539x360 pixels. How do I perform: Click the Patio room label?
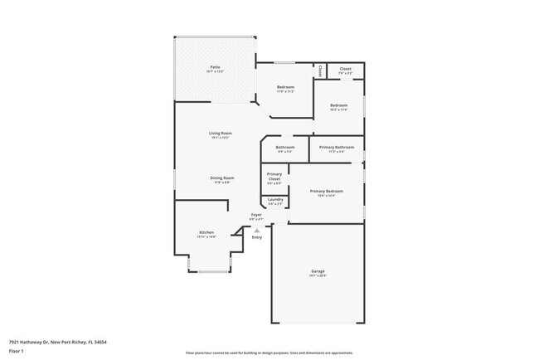[x=214, y=67]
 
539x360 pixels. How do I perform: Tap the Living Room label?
[x=220, y=133]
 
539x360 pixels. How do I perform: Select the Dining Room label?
[x=221, y=178]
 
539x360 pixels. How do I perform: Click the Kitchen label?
[x=206, y=231]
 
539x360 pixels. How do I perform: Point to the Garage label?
[x=318, y=270]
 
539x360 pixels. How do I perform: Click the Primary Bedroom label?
[x=326, y=191]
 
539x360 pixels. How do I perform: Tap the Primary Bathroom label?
[x=336, y=147]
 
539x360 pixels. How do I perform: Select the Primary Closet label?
[x=274, y=176]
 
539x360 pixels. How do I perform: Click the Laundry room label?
[x=275, y=199]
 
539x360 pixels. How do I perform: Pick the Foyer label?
[x=257, y=214]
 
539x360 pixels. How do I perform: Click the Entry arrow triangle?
[x=257, y=231]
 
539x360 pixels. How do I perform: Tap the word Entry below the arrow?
[x=257, y=237]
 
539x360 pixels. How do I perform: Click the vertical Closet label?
[x=320, y=70]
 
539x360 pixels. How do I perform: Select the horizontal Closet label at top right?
[x=345, y=69]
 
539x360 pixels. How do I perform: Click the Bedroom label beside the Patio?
[x=285, y=87]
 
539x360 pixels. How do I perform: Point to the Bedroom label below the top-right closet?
[x=338, y=105]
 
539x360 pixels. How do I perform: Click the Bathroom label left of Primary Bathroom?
[x=285, y=147]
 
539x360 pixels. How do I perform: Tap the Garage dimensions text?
[x=318, y=275]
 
